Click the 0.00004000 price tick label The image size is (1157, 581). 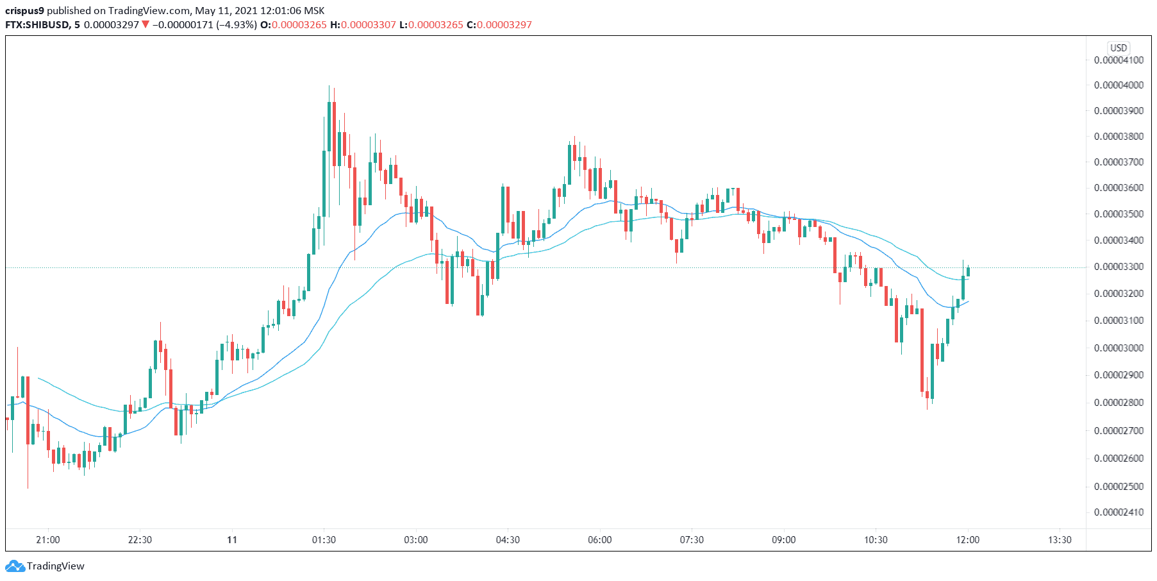[1119, 85]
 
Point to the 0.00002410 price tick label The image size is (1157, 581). [1119, 512]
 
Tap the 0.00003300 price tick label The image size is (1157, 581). [1119, 267]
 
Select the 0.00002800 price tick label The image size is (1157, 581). [1119, 403]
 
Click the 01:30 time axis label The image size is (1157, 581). [324, 540]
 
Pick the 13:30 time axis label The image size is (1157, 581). [1060, 540]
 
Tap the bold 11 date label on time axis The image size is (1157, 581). [232, 540]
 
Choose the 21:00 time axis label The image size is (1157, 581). [48, 540]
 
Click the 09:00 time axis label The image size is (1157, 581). [783, 540]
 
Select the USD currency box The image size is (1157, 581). [1119, 48]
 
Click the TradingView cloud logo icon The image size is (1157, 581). [15, 566]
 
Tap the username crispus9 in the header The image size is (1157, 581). [24, 11]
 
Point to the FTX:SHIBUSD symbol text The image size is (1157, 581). [37, 25]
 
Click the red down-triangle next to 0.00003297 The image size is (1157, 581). [146, 25]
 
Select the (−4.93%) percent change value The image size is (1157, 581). [237, 25]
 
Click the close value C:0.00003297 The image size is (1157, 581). [499, 25]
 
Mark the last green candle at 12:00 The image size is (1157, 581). [968, 272]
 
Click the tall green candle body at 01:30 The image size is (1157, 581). [324, 183]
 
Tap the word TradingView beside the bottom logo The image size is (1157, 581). [56, 566]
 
